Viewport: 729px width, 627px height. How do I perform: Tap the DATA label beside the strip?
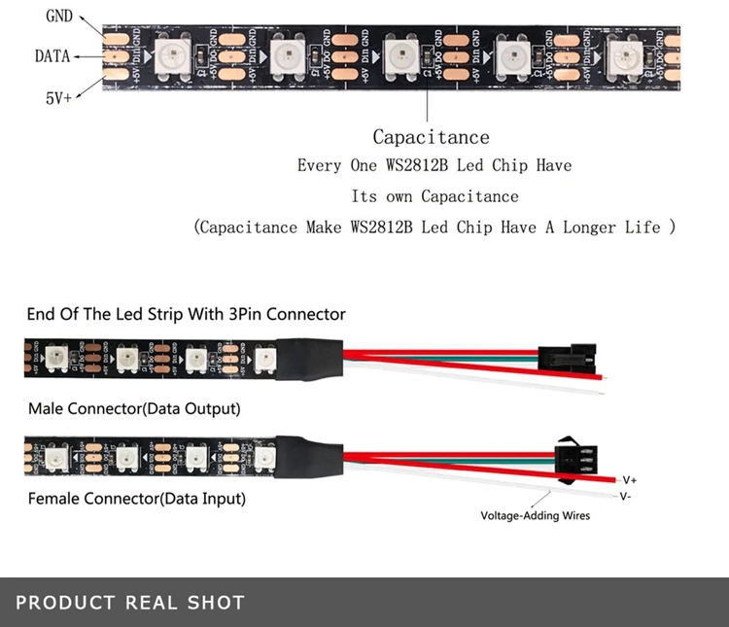point(52,56)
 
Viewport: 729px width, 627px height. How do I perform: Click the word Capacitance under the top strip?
point(431,137)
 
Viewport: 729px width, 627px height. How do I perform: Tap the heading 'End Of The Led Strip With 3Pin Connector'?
point(186,314)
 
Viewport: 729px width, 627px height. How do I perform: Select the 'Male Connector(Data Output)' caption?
point(134,408)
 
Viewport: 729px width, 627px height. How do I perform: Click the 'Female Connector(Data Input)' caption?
point(137,499)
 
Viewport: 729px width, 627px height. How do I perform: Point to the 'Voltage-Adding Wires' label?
point(535,515)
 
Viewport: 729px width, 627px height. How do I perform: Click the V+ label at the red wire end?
point(629,479)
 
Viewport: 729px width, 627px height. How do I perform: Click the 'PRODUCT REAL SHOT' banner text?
point(130,603)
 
